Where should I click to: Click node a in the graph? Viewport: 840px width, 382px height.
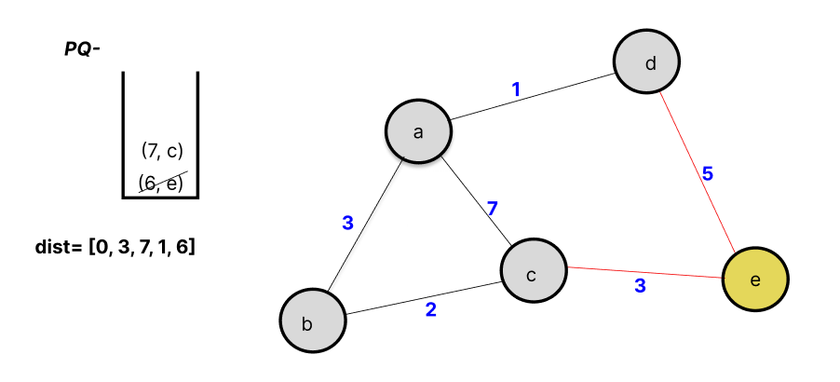(419, 130)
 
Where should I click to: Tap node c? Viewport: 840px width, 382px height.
(534, 273)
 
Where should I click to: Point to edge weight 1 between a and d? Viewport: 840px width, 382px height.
(516, 89)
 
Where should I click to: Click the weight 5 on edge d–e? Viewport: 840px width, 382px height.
(708, 173)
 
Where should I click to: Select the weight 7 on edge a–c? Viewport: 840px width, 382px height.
(493, 208)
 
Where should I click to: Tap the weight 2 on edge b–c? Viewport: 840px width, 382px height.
(430, 309)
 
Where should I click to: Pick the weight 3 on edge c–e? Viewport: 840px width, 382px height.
(640, 286)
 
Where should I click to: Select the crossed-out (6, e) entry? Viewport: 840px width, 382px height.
(162, 182)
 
